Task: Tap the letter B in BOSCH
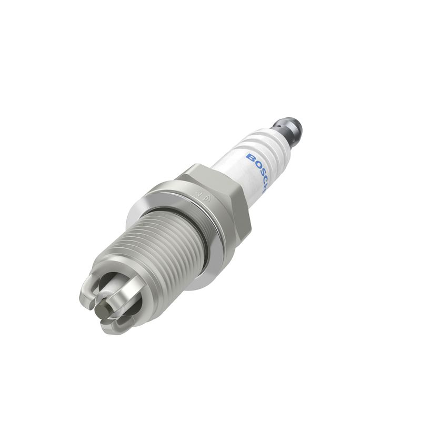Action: pyautogui.click(x=250, y=157)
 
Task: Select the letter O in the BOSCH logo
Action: pyautogui.click(x=254, y=165)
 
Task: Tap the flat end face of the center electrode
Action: pyautogui.click(x=101, y=311)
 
